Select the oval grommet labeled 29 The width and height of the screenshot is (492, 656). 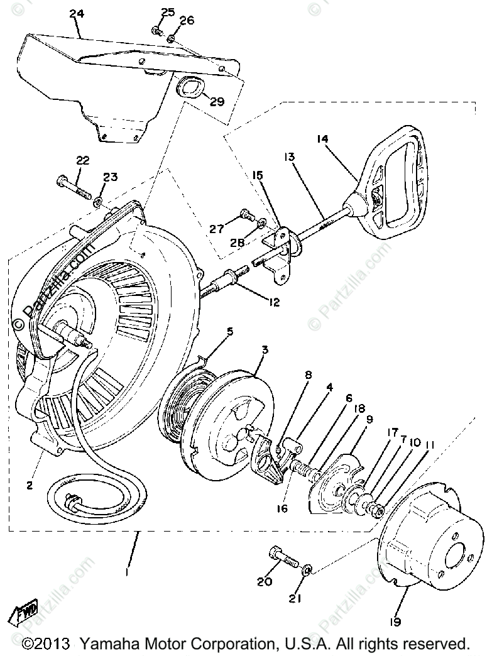189,86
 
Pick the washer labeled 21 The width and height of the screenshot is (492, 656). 307,569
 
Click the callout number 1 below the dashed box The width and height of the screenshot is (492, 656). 128,573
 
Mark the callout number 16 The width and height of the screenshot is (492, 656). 281,507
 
